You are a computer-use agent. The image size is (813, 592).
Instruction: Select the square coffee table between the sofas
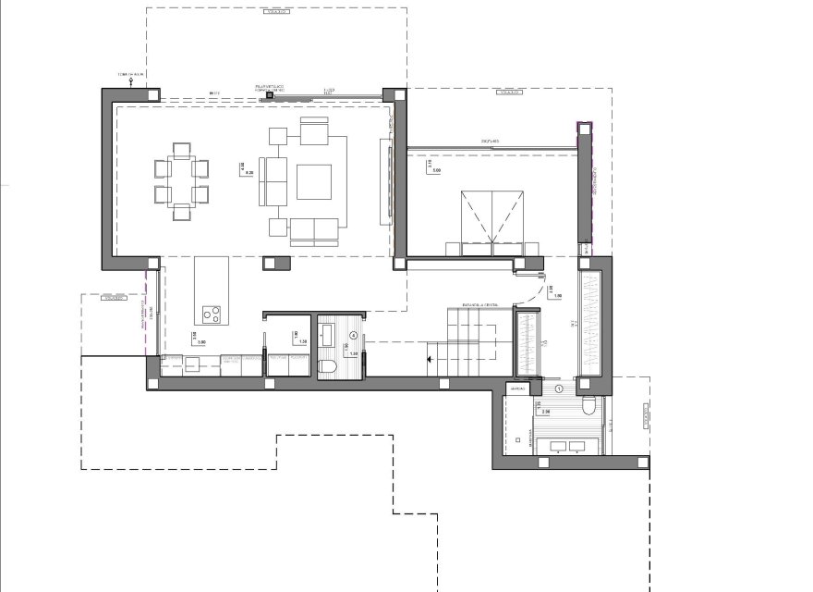tap(313, 180)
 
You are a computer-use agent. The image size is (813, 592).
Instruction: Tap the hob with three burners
tap(212, 314)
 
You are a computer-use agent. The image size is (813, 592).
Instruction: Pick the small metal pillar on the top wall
tap(270, 94)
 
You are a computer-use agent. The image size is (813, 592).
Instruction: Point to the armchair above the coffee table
tap(313, 134)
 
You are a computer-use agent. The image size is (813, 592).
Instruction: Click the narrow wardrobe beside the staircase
tap(527, 344)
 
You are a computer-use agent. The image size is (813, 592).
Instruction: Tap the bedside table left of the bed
tap(454, 248)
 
